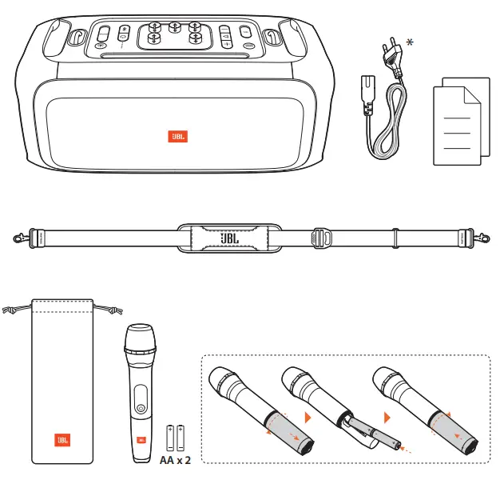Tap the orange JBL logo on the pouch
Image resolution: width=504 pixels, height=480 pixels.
(x=62, y=440)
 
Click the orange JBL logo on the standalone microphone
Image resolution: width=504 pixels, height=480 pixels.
(x=141, y=439)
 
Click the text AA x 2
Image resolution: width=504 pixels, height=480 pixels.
(x=176, y=462)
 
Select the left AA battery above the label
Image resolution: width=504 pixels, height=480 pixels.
(x=170, y=438)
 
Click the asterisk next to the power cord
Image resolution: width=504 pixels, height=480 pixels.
(x=410, y=42)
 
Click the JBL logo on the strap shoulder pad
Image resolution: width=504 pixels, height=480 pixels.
(x=230, y=238)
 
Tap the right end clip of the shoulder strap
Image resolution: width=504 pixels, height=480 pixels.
(x=482, y=238)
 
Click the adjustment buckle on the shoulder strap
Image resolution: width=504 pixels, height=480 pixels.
(x=319, y=238)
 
